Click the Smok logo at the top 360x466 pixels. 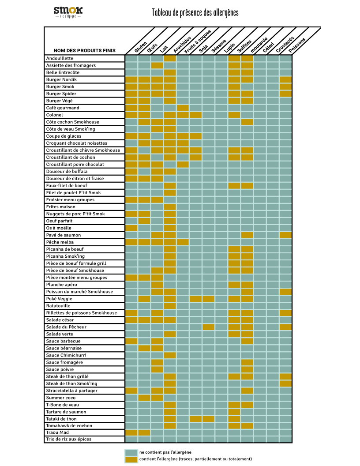pos(68,12)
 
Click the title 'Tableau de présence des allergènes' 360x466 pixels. pos(195,12)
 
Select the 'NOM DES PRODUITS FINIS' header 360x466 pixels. pos(84,50)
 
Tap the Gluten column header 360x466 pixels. pos(140,47)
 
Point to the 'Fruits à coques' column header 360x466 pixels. pos(198,41)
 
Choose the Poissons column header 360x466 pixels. pos(297,45)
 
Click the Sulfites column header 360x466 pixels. pos(244,46)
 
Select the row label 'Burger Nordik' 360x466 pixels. pos(61,79)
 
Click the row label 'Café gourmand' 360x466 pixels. pos(63,108)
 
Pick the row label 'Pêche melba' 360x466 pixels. pos(60,242)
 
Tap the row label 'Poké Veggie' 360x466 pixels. pos(59,299)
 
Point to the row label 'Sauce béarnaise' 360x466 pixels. pos(64,348)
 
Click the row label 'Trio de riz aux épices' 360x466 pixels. pos(69,439)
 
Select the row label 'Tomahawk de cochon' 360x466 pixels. pos(69,425)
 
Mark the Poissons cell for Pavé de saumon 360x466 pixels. pos(286,235)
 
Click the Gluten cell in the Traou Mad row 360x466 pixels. pos(131,432)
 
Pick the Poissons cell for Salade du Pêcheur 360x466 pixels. pos(286,327)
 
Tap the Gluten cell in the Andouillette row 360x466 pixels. pos(131,58)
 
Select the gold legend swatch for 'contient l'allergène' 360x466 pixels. pos(131,459)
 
